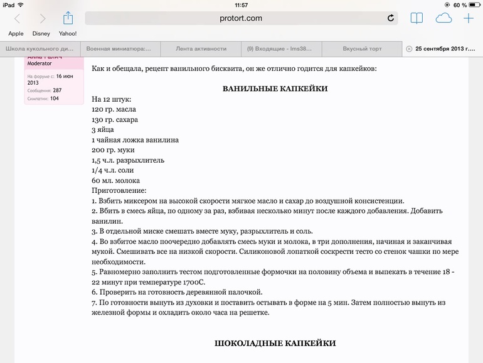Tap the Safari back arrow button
click(17, 19)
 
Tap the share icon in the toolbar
click(68, 18)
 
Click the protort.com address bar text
click(241, 18)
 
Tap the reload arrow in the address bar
click(391, 18)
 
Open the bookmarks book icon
click(417, 18)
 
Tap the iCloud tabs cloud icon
click(443, 18)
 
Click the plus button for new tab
click(469, 18)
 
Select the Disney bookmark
click(41, 34)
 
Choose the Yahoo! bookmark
click(68, 34)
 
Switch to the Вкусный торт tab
click(362, 48)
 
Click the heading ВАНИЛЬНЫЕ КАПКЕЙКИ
click(275, 89)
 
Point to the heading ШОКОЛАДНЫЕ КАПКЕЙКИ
click(275, 344)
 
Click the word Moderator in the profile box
click(40, 63)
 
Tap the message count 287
click(57, 90)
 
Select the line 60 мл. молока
click(115, 180)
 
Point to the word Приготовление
click(119, 190)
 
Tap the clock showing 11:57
click(241, 4)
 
